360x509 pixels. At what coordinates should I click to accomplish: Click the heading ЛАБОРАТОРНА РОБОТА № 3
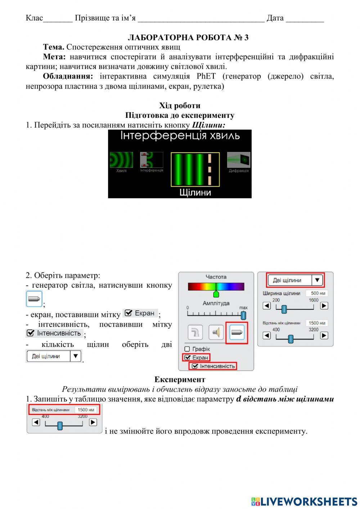[x=188, y=37]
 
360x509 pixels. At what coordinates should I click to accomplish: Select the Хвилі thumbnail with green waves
[x=121, y=160]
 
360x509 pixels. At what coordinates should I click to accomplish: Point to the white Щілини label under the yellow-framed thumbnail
[x=195, y=192]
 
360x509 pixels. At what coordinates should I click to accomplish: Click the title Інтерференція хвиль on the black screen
[x=180, y=136]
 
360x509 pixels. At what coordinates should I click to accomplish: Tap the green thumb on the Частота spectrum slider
[x=216, y=293]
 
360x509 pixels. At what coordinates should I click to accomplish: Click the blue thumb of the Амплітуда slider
[x=243, y=315]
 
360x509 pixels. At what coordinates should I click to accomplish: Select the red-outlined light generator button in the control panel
[x=237, y=332]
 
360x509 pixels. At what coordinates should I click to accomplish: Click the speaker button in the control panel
[x=216, y=332]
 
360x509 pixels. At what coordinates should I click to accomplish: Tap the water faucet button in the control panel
[x=195, y=332]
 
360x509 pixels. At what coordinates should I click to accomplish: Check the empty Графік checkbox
[x=187, y=349]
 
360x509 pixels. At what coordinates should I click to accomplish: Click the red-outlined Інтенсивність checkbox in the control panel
[x=195, y=366]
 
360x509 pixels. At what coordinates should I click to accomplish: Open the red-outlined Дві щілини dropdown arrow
[x=317, y=280]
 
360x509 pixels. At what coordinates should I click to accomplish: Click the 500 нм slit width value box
[x=317, y=293]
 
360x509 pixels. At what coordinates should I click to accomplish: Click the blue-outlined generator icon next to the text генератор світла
[x=34, y=299]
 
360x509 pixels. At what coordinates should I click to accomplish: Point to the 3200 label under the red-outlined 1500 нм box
[x=82, y=416]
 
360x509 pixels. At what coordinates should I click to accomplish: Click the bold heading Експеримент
[x=180, y=379]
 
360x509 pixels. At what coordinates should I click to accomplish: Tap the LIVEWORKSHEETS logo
[x=304, y=501]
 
